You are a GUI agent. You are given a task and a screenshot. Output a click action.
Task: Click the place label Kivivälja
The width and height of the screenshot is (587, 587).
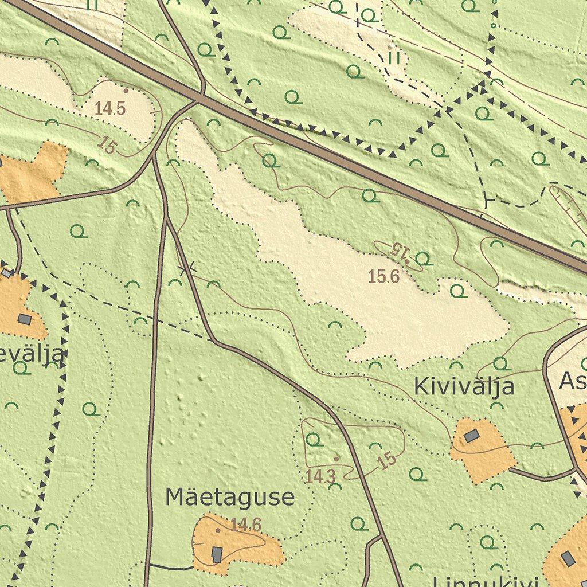coord(464,387)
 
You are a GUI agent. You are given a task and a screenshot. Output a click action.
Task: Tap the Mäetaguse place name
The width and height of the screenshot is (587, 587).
coord(230,497)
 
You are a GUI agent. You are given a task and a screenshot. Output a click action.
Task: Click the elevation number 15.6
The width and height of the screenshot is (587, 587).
coord(383,277)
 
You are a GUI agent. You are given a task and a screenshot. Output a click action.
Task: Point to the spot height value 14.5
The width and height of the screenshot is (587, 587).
coord(110,108)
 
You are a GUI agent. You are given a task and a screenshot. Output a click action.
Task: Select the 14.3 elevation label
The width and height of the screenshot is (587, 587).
coord(320,476)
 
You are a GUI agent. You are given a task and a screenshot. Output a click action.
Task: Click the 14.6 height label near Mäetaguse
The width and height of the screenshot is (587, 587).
coord(246,525)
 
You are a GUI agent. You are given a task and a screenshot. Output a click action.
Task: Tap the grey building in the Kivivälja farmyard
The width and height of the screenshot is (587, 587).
coord(471,436)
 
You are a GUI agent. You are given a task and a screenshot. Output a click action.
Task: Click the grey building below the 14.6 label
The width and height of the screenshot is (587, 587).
coord(217,554)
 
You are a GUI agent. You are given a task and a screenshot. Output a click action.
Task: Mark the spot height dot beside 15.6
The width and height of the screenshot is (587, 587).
coord(407,261)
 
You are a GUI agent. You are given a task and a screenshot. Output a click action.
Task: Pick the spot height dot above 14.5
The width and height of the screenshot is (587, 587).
coord(126,91)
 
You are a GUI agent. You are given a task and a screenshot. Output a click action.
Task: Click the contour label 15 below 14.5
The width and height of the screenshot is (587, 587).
coord(107,145)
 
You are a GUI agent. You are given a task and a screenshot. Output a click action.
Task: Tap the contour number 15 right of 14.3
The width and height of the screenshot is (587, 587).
coord(388,460)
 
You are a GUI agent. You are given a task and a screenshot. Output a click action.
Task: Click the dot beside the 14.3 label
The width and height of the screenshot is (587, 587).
coord(336,459)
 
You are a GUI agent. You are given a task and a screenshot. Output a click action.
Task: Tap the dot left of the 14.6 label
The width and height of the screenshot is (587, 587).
coord(218,530)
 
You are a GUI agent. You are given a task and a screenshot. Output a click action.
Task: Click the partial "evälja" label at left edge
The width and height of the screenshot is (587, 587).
coord(32,354)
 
